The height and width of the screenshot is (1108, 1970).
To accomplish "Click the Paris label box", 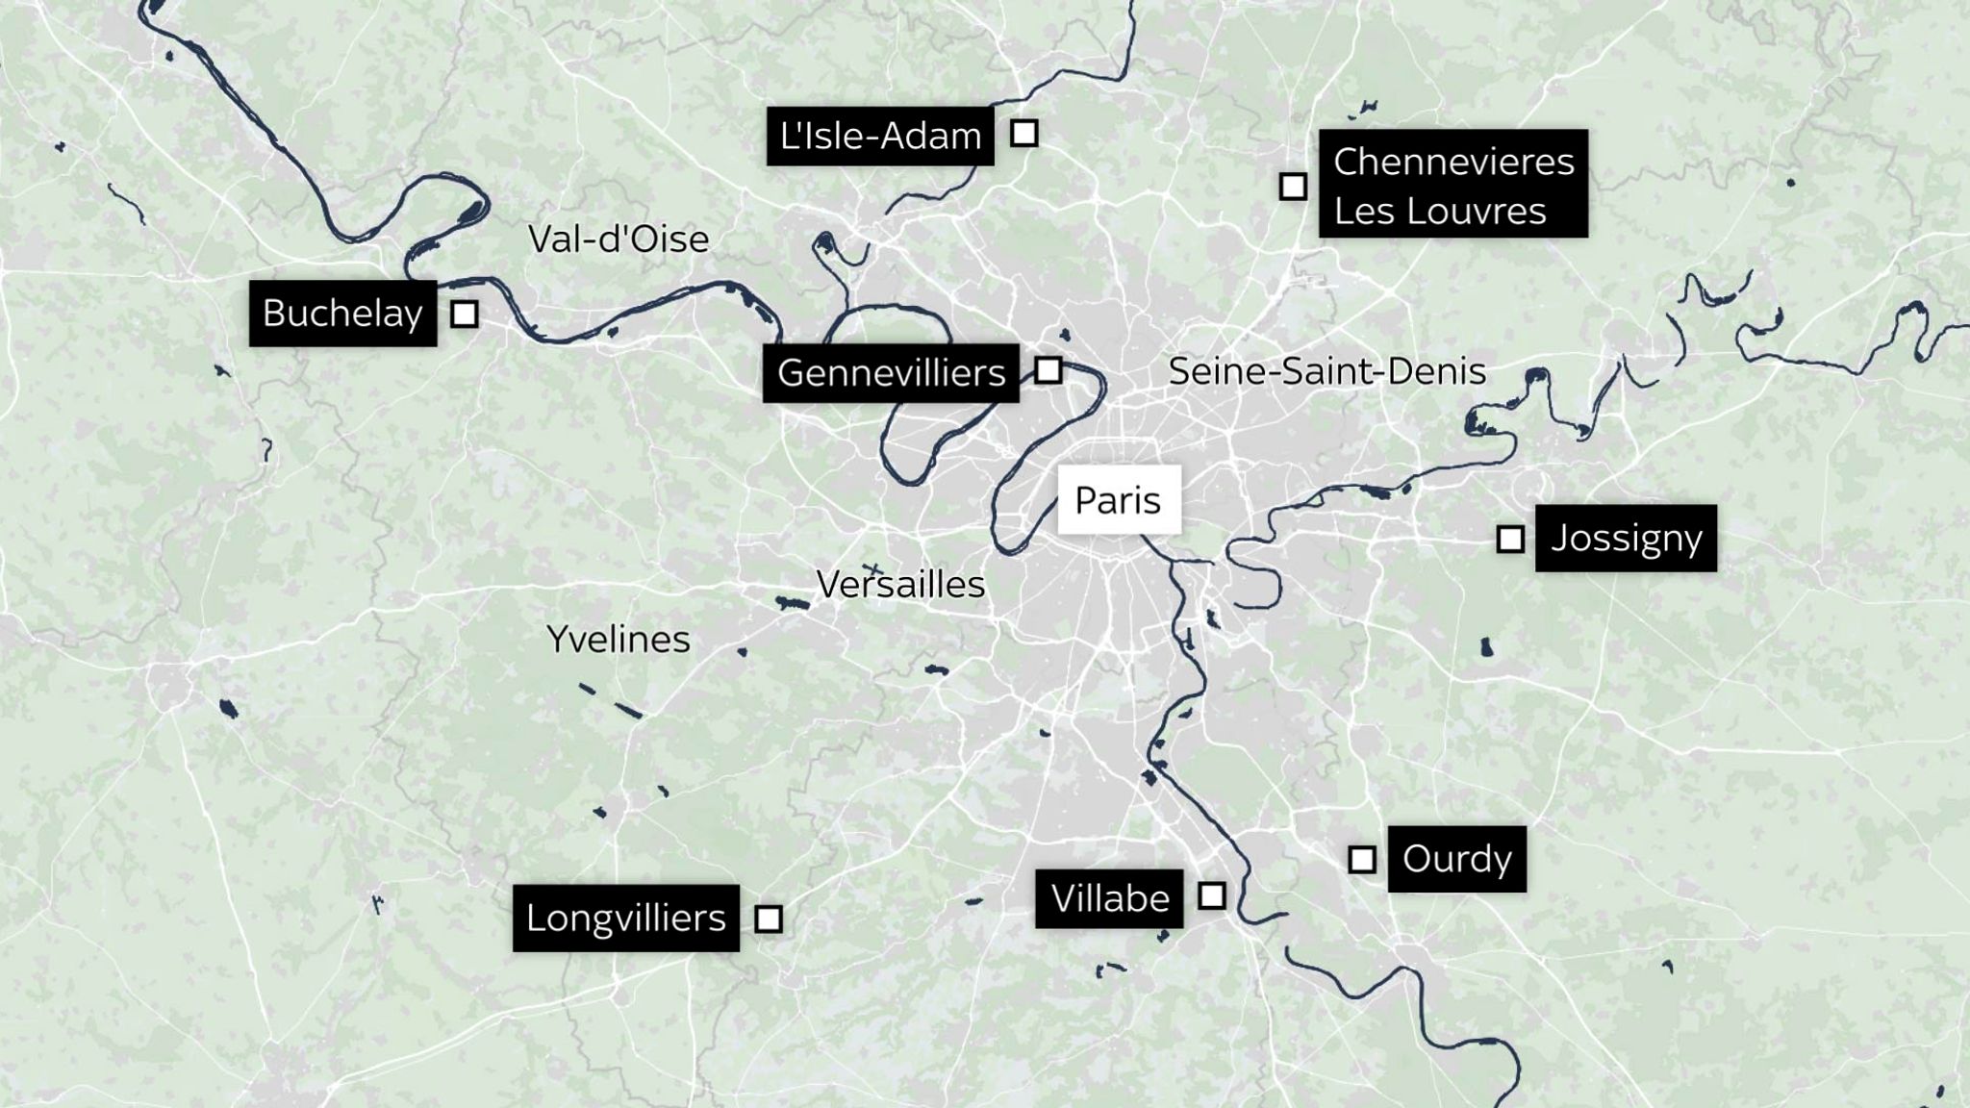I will [1119, 500].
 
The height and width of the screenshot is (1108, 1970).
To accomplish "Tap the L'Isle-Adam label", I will [880, 136].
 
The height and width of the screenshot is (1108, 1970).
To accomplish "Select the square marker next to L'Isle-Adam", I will [1024, 133].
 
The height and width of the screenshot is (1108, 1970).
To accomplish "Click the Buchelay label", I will [342, 314].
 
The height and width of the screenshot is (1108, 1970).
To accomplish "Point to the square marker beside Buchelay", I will [465, 314].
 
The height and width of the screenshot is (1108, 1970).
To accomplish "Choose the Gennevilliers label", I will [891, 372].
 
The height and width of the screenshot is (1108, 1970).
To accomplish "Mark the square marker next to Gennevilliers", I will [1048, 369].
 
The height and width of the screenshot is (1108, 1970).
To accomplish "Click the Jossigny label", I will [1626, 538].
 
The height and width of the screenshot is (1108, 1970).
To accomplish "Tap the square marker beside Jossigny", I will [1510, 539].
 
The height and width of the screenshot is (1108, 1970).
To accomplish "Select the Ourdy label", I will [1456, 859].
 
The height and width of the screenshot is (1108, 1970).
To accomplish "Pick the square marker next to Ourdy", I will [1362, 859].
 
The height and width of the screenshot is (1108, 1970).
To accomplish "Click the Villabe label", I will [1109, 898].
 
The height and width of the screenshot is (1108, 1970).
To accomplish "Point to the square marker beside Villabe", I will [1212, 895].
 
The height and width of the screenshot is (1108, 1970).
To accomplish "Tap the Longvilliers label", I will [625, 918].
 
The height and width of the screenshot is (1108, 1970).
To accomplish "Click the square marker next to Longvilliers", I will [768, 919].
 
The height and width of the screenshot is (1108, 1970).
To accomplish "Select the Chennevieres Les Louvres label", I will [1452, 185].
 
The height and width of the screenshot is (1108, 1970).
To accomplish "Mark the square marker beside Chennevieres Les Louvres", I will [1293, 186].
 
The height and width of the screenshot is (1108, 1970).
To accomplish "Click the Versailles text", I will [900, 585].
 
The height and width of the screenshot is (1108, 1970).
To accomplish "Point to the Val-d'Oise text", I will [619, 239].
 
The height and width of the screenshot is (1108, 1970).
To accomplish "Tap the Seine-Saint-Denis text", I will [1326, 371].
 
